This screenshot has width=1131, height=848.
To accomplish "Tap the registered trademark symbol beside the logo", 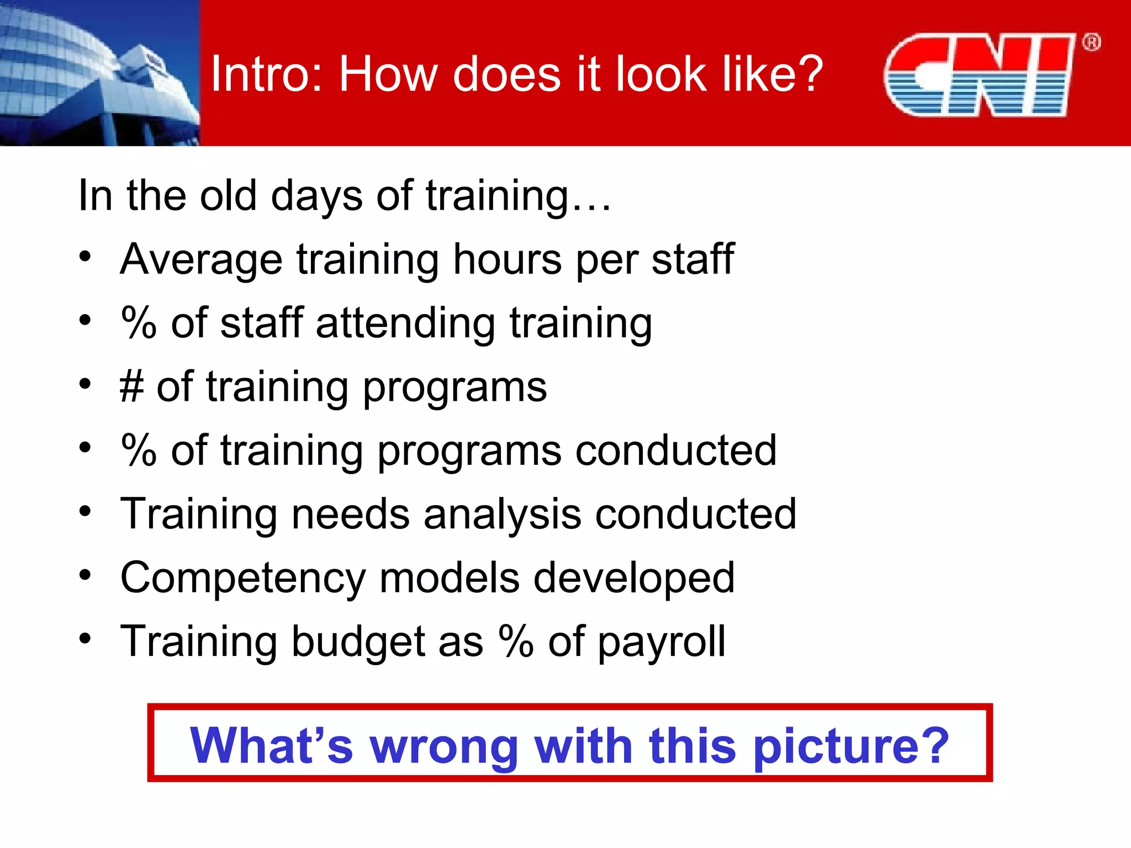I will tap(1091, 43).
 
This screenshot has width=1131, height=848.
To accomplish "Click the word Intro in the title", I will tap(260, 74).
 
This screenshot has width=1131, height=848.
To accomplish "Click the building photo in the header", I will tap(99, 73).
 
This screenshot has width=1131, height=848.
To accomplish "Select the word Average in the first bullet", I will tap(201, 259).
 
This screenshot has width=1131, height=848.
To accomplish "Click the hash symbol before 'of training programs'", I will tap(132, 386).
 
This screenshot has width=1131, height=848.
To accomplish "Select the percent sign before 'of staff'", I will tap(139, 323).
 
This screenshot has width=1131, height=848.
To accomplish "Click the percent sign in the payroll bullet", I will tap(516, 641).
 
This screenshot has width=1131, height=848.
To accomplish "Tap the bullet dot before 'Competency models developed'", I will tap(84, 575).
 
